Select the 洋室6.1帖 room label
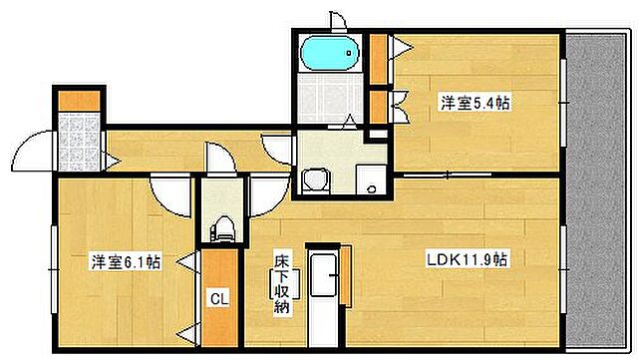pyautogui.click(x=125, y=262)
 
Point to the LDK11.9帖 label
pyautogui.click(x=467, y=260)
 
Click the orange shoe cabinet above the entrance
pyautogui.click(x=78, y=100)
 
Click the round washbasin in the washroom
pyautogui.click(x=317, y=180)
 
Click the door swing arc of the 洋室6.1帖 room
pyautogui.click(x=164, y=190)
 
